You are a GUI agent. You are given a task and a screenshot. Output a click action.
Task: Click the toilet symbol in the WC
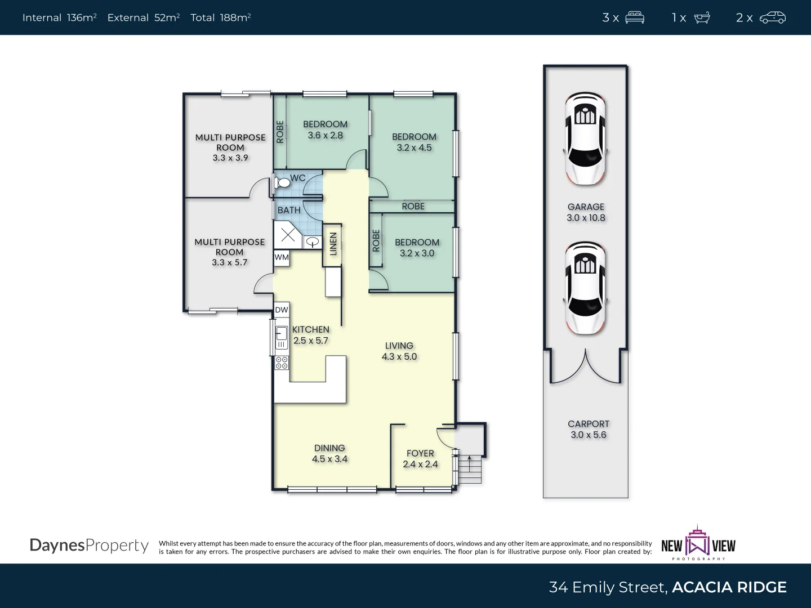[283, 182]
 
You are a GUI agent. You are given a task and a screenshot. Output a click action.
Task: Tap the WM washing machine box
[282, 258]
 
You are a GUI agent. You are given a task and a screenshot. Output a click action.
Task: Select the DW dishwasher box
[282, 310]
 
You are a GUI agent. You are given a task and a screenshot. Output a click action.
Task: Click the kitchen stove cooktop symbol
[282, 363]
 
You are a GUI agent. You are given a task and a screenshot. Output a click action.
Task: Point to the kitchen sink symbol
[281, 336]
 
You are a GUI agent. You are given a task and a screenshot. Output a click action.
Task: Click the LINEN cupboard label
[333, 244]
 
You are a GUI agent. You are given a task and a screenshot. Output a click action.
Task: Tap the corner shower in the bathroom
[288, 235]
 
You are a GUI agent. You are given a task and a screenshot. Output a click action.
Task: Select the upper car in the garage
[585, 138]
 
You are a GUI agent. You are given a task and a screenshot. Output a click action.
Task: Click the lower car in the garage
[585, 288]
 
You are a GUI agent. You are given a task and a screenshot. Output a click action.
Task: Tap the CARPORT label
[588, 424]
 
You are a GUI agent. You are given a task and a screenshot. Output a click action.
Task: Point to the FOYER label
[420, 453]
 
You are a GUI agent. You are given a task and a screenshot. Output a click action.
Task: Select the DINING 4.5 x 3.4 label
[329, 453]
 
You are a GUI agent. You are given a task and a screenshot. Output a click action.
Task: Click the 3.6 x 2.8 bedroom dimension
[325, 136]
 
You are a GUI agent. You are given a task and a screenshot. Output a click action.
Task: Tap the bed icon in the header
[634, 17]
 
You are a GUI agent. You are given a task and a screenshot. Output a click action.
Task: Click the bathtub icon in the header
[702, 17]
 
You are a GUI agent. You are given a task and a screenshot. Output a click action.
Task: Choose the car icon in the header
[772, 17]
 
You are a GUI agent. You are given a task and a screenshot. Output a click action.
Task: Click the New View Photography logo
[698, 544]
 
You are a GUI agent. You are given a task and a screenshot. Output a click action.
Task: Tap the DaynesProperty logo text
[89, 546]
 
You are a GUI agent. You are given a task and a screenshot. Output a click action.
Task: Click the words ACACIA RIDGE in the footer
[729, 587]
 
